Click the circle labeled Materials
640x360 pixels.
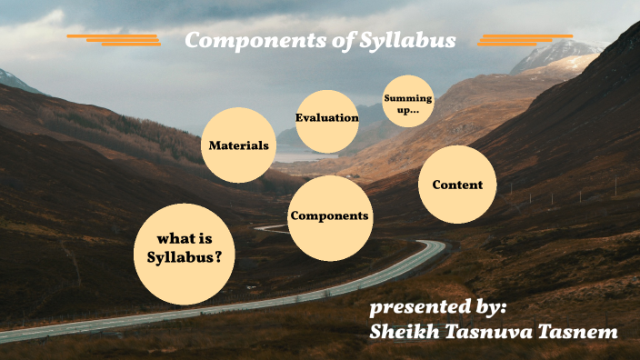coord(238,145)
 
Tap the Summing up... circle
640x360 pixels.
coord(408,102)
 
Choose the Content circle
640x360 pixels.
coord(457,185)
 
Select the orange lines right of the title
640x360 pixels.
coord(525,39)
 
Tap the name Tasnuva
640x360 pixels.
coord(490,332)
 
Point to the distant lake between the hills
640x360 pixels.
coord(295,156)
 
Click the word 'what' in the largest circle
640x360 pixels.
coord(177,239)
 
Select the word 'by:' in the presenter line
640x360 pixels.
coord(489,306)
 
